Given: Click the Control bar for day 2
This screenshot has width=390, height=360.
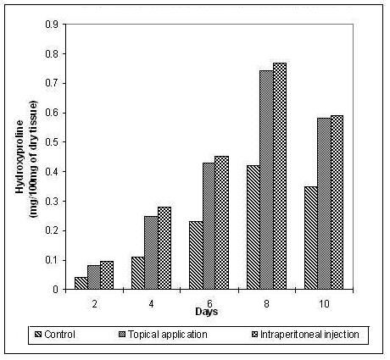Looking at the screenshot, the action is point(81,283).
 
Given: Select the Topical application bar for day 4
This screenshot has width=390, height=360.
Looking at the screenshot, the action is point(151,252).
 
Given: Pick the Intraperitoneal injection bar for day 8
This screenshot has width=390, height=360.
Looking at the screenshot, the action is point(280,176).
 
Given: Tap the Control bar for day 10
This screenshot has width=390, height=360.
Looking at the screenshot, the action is point(311,238).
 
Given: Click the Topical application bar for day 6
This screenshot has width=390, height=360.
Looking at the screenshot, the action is point(209,226).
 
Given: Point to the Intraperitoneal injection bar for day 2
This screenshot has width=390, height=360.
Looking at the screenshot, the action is point(107,275).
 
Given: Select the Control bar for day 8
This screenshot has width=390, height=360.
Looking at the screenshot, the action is point(253,227).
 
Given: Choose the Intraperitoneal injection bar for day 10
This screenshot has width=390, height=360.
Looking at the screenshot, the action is point(337,202).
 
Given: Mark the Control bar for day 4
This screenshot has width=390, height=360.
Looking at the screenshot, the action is point(138,273).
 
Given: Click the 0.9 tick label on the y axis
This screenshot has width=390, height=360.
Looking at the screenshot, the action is point(52,25).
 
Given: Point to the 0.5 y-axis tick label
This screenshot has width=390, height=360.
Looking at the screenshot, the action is point(52,142).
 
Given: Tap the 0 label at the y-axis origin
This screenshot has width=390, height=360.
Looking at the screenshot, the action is point(55,290).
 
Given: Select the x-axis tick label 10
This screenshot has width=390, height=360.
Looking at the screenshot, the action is point(325,304).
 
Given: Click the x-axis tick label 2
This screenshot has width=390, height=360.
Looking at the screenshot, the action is point(94,304).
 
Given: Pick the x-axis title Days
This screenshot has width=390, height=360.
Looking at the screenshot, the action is point(207,312).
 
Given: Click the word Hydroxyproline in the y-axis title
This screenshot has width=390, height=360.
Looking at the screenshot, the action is point(19,157).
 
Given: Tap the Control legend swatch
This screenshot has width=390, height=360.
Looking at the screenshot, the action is point(38,335).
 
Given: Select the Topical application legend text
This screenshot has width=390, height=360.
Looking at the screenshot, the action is point(168,335).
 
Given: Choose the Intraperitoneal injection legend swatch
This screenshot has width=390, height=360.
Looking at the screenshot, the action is point(255,335).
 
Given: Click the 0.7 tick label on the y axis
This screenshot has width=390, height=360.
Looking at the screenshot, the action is point(52,83).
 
